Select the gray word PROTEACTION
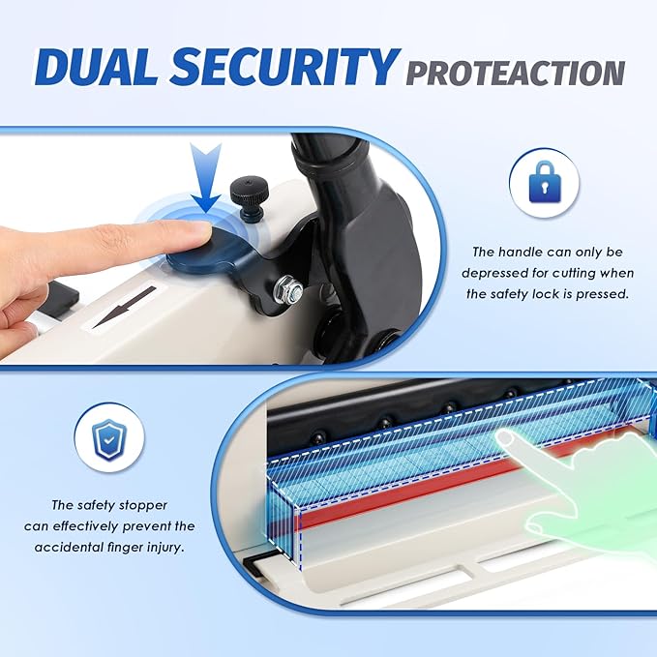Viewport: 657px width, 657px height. point(515,72)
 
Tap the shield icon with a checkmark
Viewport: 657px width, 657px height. point(109,438)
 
